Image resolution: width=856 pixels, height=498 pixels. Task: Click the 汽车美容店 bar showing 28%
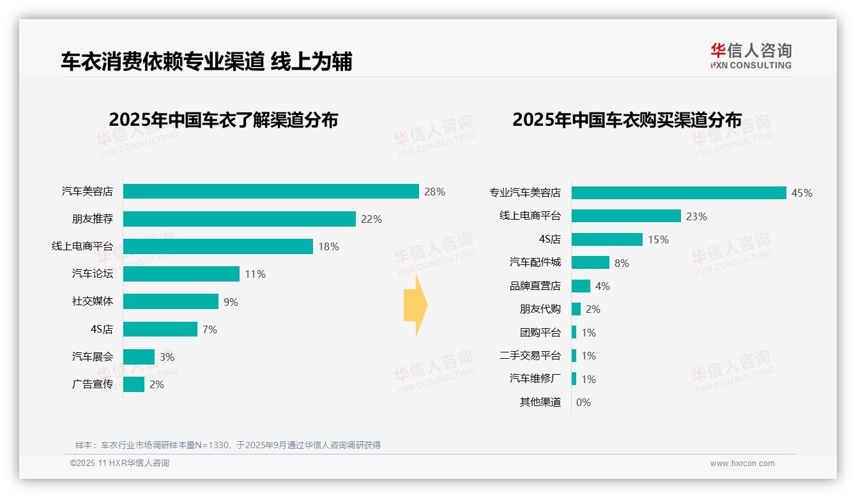coord(271,192)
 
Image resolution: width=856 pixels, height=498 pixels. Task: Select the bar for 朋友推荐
coord(239,219)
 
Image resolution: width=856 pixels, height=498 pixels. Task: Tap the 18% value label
coord(328,246)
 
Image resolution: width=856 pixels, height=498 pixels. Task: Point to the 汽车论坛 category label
coord(92,274)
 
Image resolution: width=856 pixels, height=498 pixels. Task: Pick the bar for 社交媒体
coord(171,301)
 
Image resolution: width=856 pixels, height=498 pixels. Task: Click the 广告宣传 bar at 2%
coord(134,384)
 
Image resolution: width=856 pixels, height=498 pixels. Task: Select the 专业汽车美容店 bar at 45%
coord(678,193)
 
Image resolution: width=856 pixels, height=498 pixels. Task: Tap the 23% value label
coord(696,216)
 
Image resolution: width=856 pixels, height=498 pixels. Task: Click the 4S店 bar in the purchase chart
coord(607,239)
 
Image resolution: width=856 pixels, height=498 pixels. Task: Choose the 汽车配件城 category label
coord(535,262)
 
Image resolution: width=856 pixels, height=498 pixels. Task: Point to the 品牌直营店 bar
coord(581,286)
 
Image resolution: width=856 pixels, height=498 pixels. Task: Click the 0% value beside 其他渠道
coord(583,402)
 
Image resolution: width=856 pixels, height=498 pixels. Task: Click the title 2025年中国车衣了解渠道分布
coord(223,120)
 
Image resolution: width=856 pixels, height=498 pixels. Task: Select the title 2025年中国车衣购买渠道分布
coord(627,120)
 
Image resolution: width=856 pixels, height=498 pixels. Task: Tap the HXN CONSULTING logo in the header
coord(751,56)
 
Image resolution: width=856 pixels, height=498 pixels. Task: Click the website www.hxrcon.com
coord(742,464)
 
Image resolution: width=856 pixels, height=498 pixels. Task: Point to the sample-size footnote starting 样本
coord(228,445)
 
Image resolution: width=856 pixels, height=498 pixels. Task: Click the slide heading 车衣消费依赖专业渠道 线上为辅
coord(206,61)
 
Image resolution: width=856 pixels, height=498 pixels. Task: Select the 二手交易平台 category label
coord(530,356)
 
